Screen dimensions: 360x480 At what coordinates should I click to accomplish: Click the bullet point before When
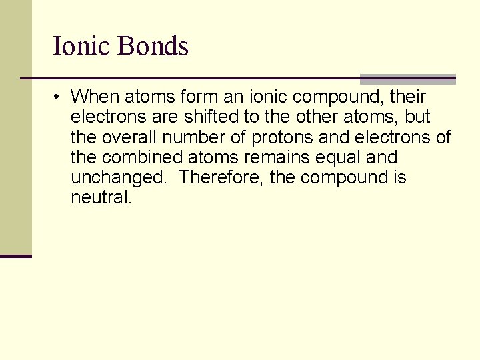click(x=59, y=97)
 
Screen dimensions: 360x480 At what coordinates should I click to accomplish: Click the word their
click(x=407, y=97)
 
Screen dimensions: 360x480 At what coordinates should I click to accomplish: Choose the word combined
click(x=140, y=157)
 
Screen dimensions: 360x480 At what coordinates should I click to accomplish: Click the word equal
click(x=332, y=158)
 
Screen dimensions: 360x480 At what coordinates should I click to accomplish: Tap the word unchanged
click(x=119, y=178)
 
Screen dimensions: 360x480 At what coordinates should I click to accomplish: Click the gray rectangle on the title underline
click(x=407, y=79)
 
